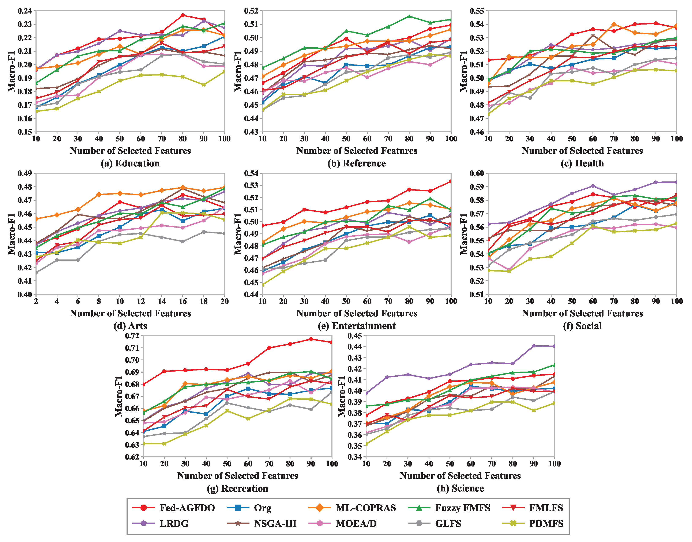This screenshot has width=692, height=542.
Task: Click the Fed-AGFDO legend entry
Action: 173,508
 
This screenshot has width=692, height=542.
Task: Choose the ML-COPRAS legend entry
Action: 352,508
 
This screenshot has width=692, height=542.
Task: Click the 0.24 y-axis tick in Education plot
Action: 25,11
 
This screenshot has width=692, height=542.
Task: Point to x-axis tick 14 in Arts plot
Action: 162,301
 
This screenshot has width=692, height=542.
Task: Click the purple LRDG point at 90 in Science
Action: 534,346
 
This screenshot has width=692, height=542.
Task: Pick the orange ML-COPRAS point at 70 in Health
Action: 614,24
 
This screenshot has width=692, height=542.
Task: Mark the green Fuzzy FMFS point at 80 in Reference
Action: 409,16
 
